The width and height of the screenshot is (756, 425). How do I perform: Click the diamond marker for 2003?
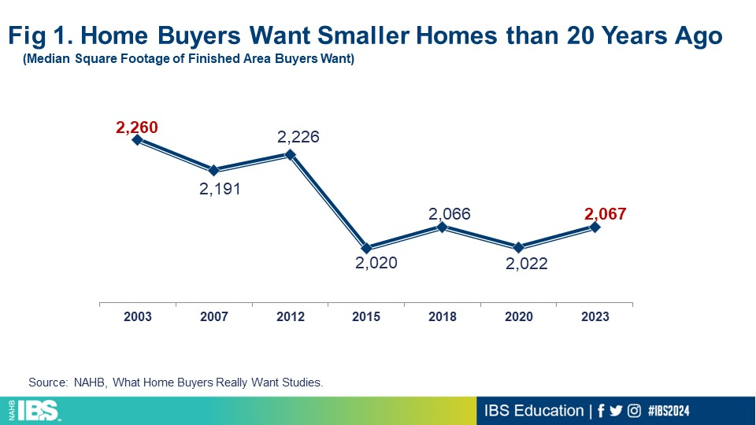(x=137, y=140)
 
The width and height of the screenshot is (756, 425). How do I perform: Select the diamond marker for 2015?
(x=366, y=248)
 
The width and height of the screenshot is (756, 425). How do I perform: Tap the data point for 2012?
(x=290, y=154)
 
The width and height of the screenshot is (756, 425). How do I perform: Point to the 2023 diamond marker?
(x=595, y=227)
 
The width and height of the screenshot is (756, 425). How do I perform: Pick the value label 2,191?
(x=219, y=189)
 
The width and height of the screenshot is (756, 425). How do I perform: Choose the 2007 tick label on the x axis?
(x=214, y=316)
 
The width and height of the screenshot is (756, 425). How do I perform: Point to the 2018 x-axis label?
(x=443, y=316)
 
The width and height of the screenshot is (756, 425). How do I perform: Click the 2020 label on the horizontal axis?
(x=519, y=316)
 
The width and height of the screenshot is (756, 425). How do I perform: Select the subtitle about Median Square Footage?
(x=188, y=60)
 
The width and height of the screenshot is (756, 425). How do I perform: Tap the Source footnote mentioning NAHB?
(x=176, y=382)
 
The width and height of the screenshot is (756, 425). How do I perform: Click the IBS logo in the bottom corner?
(x=35, y=410)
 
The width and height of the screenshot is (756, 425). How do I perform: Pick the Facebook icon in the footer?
(x=600, y=411)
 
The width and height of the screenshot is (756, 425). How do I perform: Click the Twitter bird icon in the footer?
(x=615, y=411)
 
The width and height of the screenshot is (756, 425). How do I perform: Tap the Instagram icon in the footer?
(x=632, y=411)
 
